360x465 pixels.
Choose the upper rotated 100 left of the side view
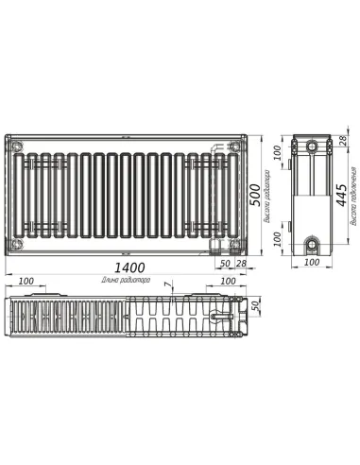point(277,155)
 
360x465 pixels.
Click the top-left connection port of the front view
point(16,146)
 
